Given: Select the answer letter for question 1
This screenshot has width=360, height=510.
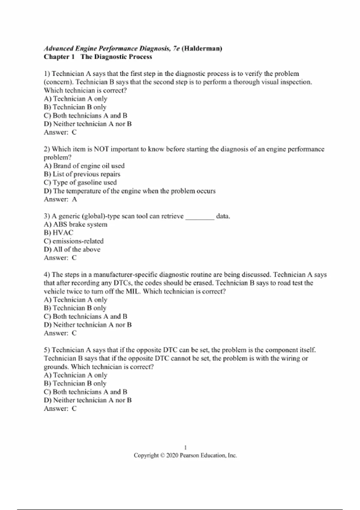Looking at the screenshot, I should pos(74,132).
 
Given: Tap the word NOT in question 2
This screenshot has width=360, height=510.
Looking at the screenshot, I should pos(101,149).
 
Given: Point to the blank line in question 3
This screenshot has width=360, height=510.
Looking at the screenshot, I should pos(200,217).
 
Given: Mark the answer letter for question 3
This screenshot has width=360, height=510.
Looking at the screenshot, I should pos(74,258).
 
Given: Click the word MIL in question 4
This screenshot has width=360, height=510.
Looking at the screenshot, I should pos(132,292).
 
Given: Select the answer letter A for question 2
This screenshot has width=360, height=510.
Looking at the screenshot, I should pos(74,199).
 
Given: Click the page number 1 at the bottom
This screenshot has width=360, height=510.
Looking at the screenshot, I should pos(185,448).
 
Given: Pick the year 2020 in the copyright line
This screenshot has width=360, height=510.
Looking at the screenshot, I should pos(172,456).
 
